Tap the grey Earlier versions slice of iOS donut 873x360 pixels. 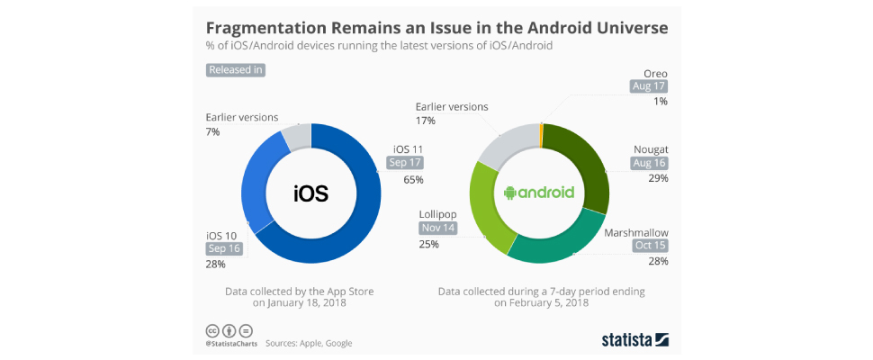click(296, 136)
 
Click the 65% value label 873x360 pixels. click(414, 180)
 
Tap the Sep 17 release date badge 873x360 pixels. click(405, 163)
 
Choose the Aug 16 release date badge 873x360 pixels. click(649, 163)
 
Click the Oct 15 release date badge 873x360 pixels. click(650, 246)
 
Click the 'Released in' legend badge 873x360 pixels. click(236, 69)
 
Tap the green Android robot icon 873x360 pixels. click(509, 193)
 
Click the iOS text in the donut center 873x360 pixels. click(311, 193)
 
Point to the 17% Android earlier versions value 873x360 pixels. click(425, 121)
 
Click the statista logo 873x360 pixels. click(634, 339)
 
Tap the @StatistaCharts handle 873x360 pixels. click(229, 343)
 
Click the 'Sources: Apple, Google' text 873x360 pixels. click(309, 343)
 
